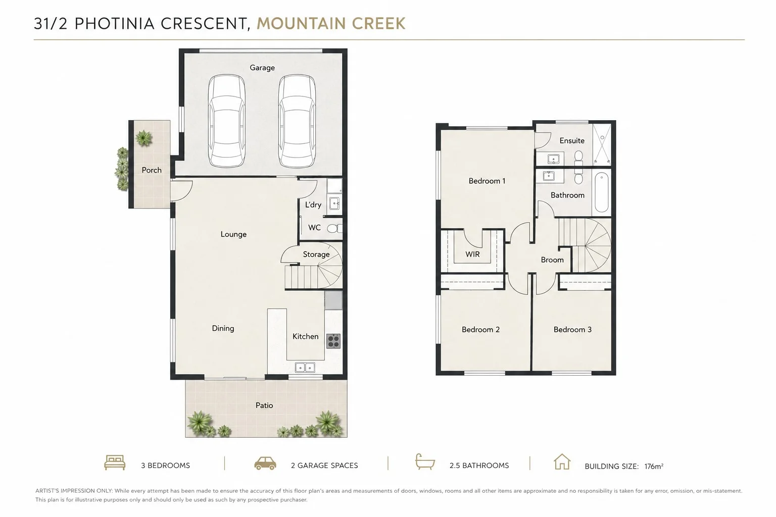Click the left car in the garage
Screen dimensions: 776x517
click(226, 121)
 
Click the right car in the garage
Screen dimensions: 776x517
click(297, 121)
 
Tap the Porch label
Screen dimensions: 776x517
click(152, 170)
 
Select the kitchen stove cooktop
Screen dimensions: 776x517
click(333, 341)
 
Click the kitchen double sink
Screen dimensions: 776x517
click(305, 367)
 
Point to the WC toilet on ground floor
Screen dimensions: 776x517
click(334, 228)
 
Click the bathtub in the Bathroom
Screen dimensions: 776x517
click(602, 192)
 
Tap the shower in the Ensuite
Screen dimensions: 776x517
click(602, 144)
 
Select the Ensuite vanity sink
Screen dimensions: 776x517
click(553, 159)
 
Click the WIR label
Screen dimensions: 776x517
click(472, 254)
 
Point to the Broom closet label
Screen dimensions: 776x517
click(552, 260)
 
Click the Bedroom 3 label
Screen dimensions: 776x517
click(572, 329)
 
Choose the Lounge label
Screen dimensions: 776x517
click(233, 234)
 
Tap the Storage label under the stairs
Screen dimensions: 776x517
click(316, 254)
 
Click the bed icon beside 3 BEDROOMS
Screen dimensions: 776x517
click(115, 462)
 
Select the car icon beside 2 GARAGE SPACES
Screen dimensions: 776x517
click(265, 463)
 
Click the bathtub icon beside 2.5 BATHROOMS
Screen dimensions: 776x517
click(425, 461)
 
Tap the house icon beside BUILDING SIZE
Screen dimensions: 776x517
click(562, 461)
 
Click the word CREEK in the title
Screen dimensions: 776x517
click(378, 24)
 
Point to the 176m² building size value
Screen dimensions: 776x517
click(654, 466)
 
